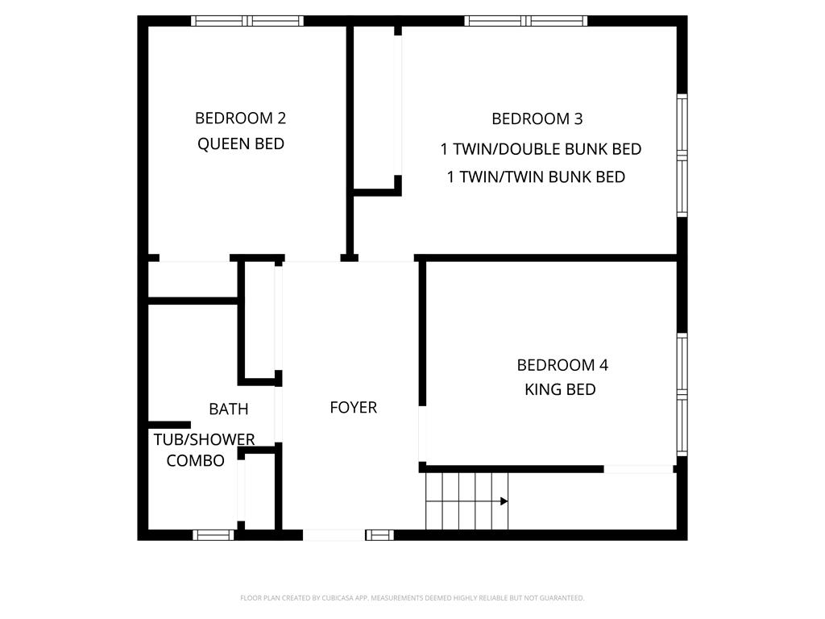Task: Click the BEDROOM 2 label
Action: pyautogui.click(x=240, y=118)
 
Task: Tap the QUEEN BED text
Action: pyautogui.click(x=240, y=143)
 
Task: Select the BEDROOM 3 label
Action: pyautogui.click(x=537, y=119)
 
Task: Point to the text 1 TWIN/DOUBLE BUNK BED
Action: pyautogui.click(x=541, y=149)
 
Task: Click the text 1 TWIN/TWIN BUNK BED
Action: pyautogui.click(x=536, y=177)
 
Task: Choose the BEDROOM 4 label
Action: pyautogui.click(x=562, y=365)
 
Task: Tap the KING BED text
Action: pyautogui.click(x=561, y=389)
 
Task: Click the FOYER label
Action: pyautogui.click(x=354, y=407)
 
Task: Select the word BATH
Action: pyautogui.click(x=228, y=409)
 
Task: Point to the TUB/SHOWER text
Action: pyautogui.click(x=204, y=439)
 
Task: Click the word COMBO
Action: pyautogui.click(x=195, y=460)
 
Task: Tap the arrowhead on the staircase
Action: pyautogui.click(x=504, y=501)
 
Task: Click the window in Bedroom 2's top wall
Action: pyautogui.click(x=247, y=21)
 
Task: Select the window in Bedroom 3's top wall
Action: pyautogui.click(x=525, y=21)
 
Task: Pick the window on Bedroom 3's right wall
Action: pyautogui.click(x=682, y=156)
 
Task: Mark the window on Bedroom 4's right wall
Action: pyautogui.click(x=682, y=394)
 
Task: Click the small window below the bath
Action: pyautogui.click(x=213, y=535)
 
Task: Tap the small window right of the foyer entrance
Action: pyautogui.click(x=379, y=535)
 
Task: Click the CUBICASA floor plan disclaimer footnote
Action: pyautogui.click(x=412, y=598)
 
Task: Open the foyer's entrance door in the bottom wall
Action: pyautogui.click(x=334, y=535)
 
